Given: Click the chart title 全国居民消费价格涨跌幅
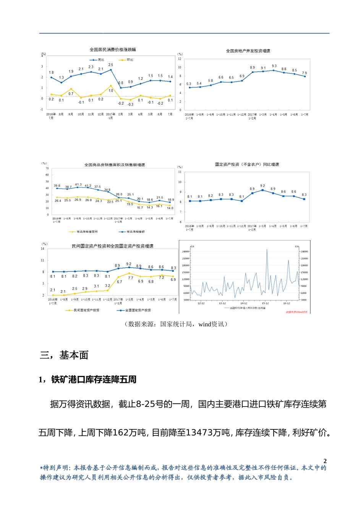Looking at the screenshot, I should click(113, 50).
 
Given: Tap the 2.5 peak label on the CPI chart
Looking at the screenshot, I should click(111, 65).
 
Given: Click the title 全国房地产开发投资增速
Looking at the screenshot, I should click(248, 51).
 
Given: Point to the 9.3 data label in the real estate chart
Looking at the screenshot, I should click(274, 66).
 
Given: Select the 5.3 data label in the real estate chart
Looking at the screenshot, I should click(189, 84).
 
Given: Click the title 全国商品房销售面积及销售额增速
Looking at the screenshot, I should click(115, 165).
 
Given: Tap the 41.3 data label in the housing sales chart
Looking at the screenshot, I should click(78, 184).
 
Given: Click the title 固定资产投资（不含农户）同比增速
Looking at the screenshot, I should click(247, 165).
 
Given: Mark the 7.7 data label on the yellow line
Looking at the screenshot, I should click(131, 278).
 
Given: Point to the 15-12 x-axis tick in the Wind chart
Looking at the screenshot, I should click(265, 303).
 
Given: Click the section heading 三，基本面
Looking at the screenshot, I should click(64, 355).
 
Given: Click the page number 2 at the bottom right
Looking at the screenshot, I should click(325, 461).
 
